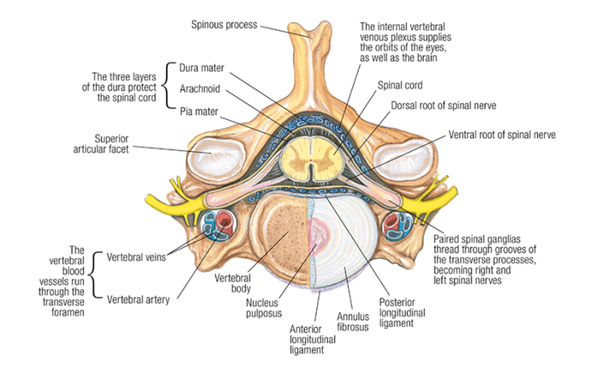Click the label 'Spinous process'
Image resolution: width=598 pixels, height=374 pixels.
(225, 24)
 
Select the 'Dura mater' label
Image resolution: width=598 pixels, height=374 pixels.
(202, 67)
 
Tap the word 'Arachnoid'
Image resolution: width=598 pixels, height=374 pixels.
(202, 88)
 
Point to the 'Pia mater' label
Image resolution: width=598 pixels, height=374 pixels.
(200, 109)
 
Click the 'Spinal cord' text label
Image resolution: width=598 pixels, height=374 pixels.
(400, 86)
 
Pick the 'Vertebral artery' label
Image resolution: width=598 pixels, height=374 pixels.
(138, 299)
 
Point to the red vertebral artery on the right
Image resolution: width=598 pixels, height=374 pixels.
(396, 224)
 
